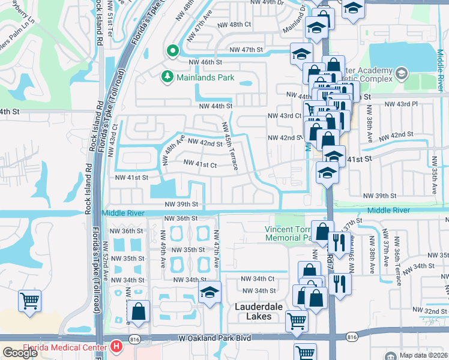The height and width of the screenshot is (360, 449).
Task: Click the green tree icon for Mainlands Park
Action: click(167, 76)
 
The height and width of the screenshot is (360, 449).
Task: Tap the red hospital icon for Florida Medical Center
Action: click(116, 347)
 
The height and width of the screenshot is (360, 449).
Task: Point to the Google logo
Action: click(20, 353)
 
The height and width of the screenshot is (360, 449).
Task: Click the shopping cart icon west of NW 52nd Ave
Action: click(29, 299)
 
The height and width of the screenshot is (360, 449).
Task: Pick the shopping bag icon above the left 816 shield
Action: click(139, 311)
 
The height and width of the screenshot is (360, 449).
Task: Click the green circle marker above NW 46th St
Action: click(172, 51)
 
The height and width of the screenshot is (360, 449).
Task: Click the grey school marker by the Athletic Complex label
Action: click(402, 73)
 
